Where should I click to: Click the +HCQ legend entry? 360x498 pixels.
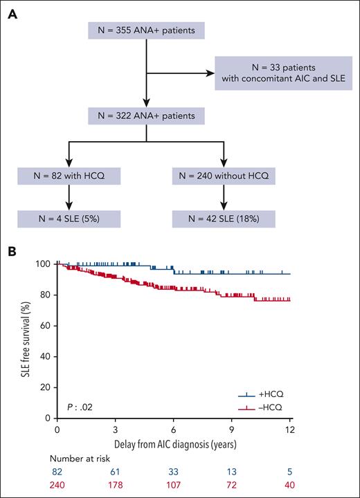point(267,396)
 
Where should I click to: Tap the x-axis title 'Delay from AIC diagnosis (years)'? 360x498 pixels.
point(174,445)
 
